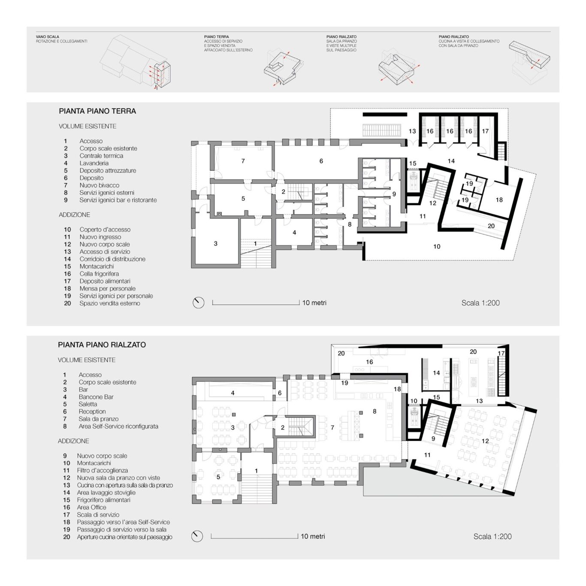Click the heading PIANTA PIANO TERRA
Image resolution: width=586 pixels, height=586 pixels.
click(97, 111)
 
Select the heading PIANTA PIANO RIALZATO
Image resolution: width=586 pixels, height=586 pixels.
click(102, 345)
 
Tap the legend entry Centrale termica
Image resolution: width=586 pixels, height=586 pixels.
click(101, 156)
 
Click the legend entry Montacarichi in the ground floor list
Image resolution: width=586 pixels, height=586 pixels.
click(97, 266)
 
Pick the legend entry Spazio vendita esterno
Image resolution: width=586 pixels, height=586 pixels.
click(110, 303)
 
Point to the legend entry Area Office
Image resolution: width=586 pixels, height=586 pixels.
click(91, 507)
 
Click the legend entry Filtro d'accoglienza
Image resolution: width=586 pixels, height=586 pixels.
click(102, 471)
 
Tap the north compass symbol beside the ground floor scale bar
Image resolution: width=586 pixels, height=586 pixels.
click(198, 303)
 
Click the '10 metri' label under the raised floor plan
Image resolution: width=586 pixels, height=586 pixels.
click(313, 536)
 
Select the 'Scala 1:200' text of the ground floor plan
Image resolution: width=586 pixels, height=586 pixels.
click(480, 303)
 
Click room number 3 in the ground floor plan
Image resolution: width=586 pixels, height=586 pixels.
click(216, 244)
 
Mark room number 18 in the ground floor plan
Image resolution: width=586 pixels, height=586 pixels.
click(499, 200)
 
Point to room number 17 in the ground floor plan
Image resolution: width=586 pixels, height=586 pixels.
click(485, 131)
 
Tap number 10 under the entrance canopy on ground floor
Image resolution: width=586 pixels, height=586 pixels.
click(437, 247)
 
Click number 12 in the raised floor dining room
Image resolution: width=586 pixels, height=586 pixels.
click(485, 441)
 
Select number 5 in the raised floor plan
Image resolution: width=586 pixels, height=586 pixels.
click(218, 477)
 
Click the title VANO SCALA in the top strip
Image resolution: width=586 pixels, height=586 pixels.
click(48, 37)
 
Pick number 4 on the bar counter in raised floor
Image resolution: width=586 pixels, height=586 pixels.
click(233, 393)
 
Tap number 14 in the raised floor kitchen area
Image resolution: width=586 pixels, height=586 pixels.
click(436, 373)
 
